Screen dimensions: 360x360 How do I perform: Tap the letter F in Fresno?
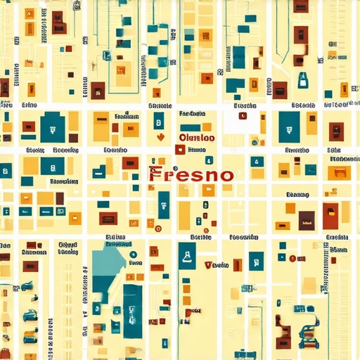click(155, 174)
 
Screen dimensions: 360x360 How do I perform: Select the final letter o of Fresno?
click(225, 174)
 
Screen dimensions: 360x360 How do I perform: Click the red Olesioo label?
click(198, 139)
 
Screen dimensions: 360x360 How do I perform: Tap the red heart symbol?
click(161, 138)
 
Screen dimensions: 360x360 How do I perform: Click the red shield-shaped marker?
click(207, 265)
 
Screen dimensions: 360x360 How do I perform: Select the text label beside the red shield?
click(221, 265)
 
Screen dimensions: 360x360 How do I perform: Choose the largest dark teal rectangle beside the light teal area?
click(132, 309)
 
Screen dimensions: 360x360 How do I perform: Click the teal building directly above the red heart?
click(159, 120)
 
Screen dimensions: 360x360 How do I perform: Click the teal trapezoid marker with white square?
click(302, 79)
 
